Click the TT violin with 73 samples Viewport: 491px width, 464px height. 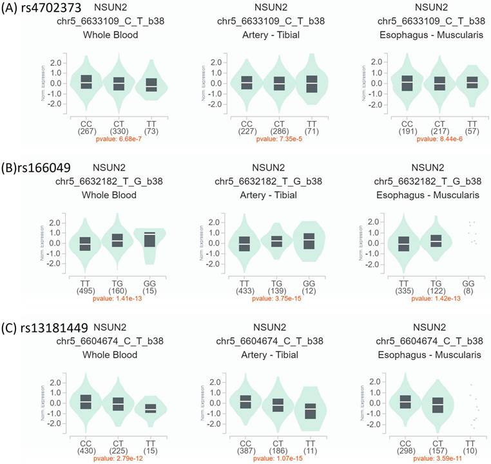[x=151, y=84]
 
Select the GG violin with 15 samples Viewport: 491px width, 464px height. [x=151, y=241]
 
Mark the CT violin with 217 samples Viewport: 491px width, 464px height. [x=439, y=84]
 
